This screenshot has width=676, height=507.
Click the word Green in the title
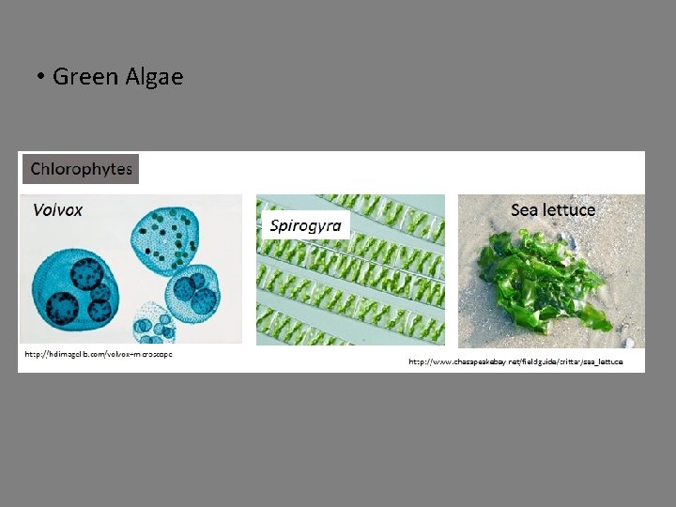tap(85, 76)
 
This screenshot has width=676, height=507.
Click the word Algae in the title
tap(154, 76)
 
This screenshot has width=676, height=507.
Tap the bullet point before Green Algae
tap(42, 77)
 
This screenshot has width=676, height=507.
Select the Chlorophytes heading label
tap(81, 169)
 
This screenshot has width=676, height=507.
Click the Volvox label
tap(57, 209)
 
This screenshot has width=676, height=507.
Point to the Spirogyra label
tap(305, 225)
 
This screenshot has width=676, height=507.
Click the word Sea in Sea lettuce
tap(526, 209)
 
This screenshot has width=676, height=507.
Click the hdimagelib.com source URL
tap(98, 355)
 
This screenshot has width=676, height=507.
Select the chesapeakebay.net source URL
tap(515, 361)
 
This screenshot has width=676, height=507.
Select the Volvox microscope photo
tap(130, 272)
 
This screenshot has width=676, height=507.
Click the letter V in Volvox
tap(38, 209)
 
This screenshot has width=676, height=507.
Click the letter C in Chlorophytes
tap(37, 169)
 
